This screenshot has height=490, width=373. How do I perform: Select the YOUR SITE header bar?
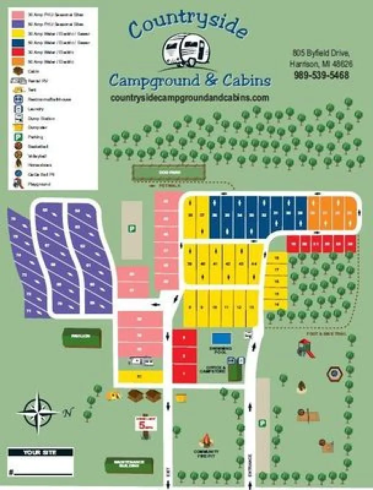(40, 453)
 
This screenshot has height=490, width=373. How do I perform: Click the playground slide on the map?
(306, 349)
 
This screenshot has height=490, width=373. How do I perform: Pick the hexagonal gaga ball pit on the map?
(334, 372)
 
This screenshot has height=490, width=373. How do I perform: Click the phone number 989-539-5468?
(321, 75)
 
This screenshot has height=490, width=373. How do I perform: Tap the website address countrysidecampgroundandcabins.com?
(190, 98)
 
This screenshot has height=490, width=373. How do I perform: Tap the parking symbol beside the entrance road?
(262, 423)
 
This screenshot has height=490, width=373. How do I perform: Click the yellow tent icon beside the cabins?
(112, 396)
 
